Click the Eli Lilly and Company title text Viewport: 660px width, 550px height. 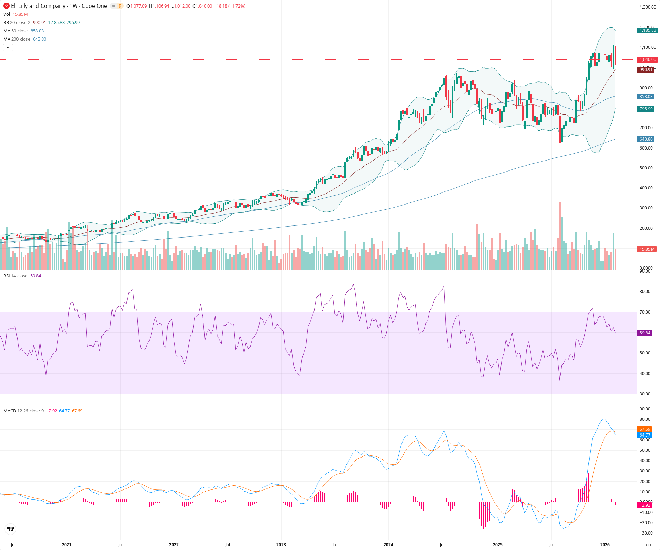38,6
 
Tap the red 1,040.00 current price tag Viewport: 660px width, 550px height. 647,59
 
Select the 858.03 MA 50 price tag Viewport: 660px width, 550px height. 646,97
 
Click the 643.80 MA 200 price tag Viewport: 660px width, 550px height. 646,139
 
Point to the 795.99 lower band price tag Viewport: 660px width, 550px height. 646,109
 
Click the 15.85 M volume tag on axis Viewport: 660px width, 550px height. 647,249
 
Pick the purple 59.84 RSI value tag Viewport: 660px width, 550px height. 645,333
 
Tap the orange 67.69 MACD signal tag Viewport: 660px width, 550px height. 645,429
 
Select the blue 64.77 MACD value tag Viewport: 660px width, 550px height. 645,435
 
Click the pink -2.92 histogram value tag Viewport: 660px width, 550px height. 645,505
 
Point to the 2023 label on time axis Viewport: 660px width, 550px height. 281,544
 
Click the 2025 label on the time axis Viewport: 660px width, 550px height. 497,544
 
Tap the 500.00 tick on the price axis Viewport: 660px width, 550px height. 646,168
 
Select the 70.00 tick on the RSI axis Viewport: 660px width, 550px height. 645,312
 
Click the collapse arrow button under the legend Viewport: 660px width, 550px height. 8,47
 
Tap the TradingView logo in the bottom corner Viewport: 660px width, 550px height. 11,529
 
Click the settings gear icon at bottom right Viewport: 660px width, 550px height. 648,545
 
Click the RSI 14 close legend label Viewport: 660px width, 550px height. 15,276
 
